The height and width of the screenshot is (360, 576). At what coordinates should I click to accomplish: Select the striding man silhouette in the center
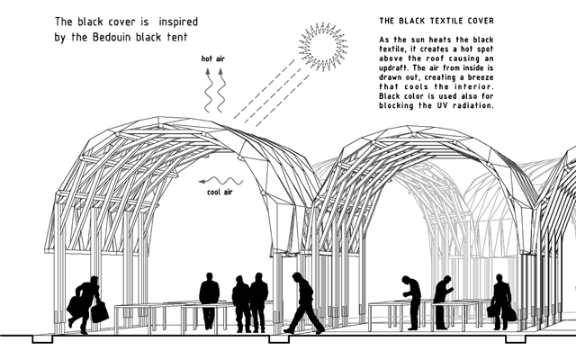click(303, 303)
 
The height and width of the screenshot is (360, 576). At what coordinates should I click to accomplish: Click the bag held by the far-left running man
click(99, 312)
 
